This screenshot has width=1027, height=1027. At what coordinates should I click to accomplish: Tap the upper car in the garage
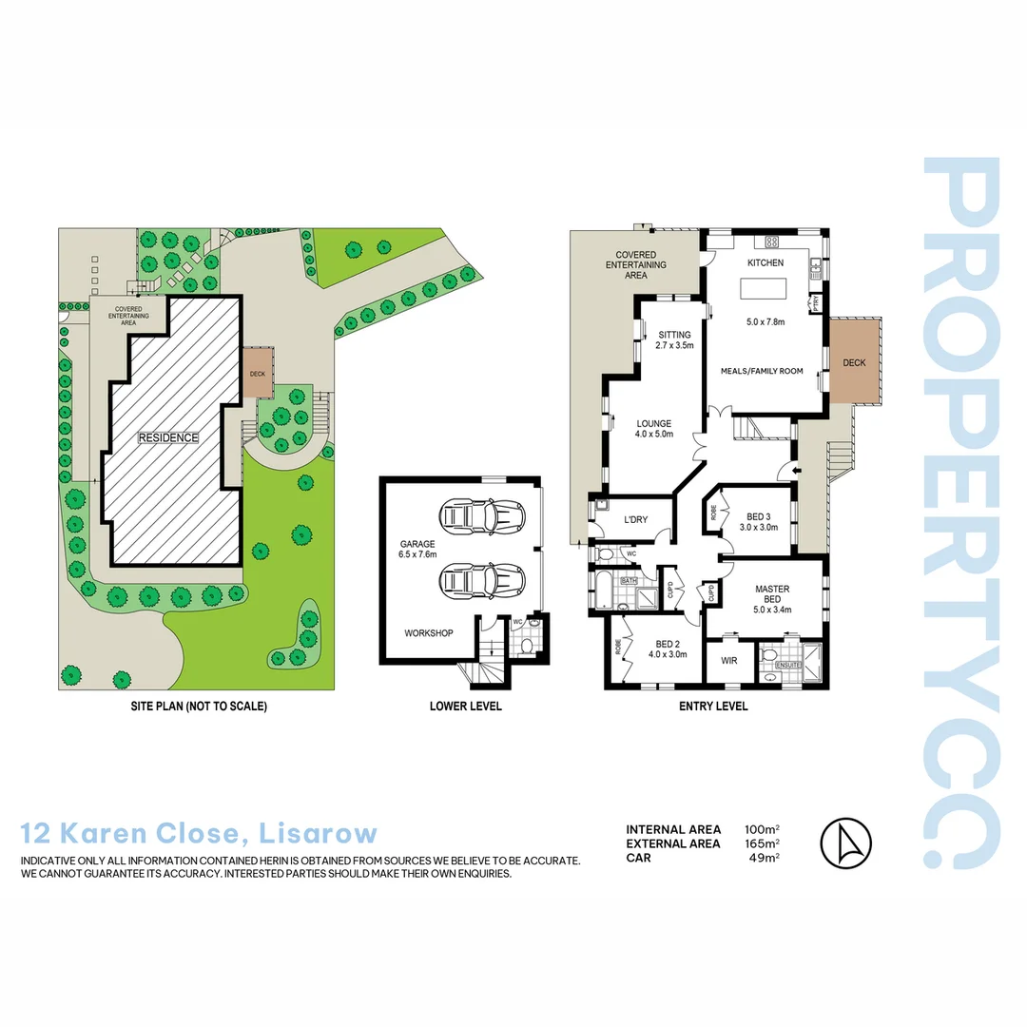click(x=482, y=517)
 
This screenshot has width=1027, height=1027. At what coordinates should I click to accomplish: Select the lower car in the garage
click(x=482, y=578)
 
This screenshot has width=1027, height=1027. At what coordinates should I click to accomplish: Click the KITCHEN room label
click(x=765, y=262)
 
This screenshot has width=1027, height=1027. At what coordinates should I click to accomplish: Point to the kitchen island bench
click(x=766, y=286)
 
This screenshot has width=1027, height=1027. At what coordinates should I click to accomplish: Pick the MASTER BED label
click(x=772, y=594)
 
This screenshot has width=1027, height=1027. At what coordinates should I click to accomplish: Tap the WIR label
click(x=729, y=659)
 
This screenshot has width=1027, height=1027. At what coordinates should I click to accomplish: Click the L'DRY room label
click(x=635, y=519)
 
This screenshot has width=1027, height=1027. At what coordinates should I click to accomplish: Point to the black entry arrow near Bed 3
click(x=785, y=470)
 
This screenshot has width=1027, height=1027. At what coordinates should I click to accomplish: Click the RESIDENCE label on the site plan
click(x=168, y=437)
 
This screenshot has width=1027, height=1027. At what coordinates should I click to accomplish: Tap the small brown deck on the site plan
click(x=257, y=374)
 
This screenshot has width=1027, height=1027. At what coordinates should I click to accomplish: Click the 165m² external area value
click(x=763, y=843)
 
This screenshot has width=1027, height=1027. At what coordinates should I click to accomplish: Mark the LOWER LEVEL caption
click(x=466, y=707)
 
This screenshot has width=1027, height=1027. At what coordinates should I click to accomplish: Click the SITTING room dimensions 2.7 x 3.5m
click(x=674, y=346)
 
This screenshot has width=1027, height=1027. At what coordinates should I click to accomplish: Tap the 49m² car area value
click(x=765, y=858)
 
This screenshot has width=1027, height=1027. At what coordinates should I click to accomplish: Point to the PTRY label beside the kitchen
click(x=816, y=303)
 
